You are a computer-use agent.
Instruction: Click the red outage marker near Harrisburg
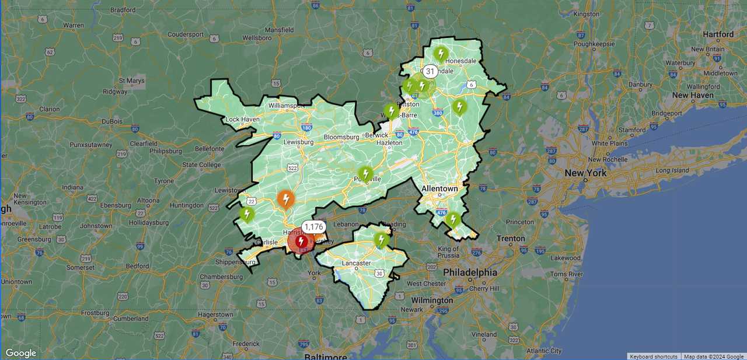point(301,241)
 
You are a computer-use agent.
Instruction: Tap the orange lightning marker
point(285,200)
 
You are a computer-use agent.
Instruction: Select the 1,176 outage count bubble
point(313,227)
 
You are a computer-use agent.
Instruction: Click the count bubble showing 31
point(430,71)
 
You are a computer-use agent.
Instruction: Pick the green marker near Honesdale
point(440,53)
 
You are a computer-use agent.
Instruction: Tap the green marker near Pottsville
point(365,173)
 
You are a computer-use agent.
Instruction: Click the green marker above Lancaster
point(381,239)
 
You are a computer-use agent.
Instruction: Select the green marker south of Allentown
point(453,219)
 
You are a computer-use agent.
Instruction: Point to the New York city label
point(585,173)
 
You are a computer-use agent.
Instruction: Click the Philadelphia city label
point(470,272)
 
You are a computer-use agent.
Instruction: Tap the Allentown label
point(439,189)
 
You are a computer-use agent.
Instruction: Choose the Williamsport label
point(287,106)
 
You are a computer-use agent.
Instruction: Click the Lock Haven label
point(242,120)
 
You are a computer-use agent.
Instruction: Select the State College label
point(201,165)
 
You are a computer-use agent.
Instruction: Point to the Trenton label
point(511,238)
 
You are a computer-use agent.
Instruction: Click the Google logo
point(20,353)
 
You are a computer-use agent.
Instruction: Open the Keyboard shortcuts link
point(654,356)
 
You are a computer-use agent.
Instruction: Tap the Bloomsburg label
point(341,137)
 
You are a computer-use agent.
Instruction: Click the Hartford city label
point(718,34)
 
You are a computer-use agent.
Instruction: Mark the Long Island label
point(672,170)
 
